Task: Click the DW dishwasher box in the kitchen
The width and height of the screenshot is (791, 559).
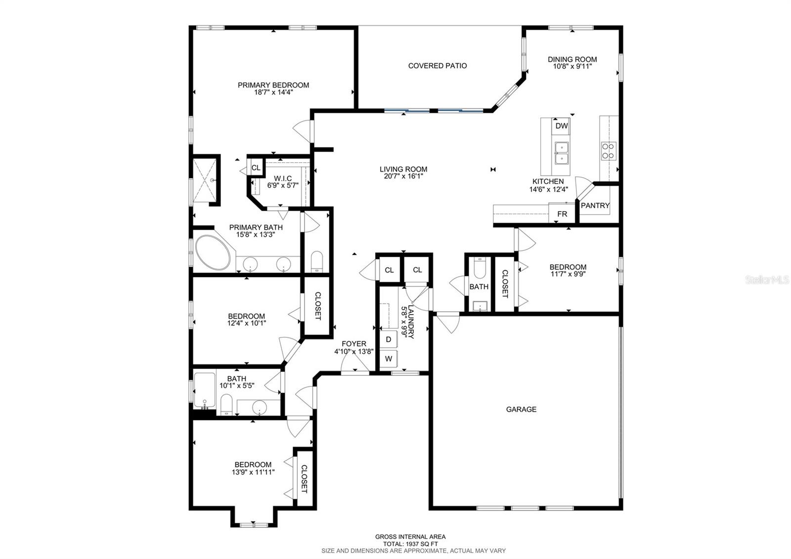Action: (x=562, y=126)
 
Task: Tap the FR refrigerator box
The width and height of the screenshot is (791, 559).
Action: (x=562, y=214)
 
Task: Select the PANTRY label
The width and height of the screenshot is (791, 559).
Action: (x=595, y=205)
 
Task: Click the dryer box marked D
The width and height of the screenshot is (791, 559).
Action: (x=389, y=339)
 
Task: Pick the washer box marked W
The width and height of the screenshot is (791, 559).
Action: (x=389, y=358)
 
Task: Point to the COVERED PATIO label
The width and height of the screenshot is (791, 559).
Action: (x=437, y=65)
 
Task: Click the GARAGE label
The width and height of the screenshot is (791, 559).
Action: (x=521, y=409)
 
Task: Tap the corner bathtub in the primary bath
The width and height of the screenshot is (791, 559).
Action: (x=213, y=252)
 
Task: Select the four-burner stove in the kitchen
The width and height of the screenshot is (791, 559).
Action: (x=608, y=151)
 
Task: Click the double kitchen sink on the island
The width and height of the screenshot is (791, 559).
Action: (x=562, y=153)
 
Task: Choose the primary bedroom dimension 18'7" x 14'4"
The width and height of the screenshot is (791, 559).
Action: (x=273, y=92)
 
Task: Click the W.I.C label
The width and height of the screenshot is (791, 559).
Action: (x=283, y=178)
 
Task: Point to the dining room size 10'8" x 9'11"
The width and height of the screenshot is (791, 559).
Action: (x=572, y=66)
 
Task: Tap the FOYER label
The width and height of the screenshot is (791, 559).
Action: (x=354, y=344)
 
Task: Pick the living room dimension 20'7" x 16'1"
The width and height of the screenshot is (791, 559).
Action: (x=403, y=176)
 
